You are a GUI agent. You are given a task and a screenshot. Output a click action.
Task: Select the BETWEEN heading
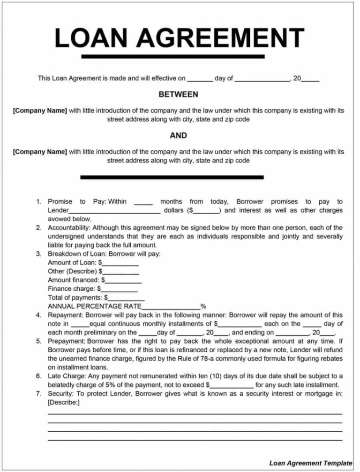click(x=178, y=95)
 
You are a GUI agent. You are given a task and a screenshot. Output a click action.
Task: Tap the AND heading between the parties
click(x=178, y=136)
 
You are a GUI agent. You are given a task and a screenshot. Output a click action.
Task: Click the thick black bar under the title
click(x=172, y=57)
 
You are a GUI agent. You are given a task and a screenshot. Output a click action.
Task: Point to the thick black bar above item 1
click(x=172, y=177)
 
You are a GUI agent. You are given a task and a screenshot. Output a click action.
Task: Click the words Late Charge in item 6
click(x=65, y=376)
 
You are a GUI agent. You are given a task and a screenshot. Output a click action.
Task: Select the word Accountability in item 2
click(x=67, y=228)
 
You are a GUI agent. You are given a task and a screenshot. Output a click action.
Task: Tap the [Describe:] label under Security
click(x=64, y=402)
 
